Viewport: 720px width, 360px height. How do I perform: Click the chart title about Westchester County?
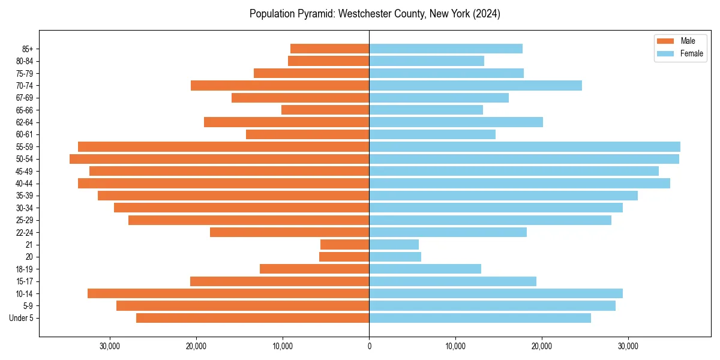pyautogui.click(x=374, y=14)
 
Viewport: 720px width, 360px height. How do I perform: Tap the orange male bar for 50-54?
pyautogui.click(x=219, y=159)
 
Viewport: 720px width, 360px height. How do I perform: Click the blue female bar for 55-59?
pyautogui.click(x=524, y=147)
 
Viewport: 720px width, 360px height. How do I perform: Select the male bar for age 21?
pyautogui.click(x=344, y=245)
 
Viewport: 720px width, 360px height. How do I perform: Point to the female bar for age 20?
pyautogui.click(x=395, y=257)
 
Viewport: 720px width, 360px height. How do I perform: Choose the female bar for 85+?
pyautogui.click(x=445, y=49)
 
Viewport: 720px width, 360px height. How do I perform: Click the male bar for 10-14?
pyautogui.click(x=228, y=293)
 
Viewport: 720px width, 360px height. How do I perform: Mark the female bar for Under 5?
pyautogui.click(x=479, y=318)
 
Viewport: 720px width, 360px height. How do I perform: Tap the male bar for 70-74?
pyautogui.click(x=280, y=85)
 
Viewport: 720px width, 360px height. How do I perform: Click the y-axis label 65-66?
pyautogui.click(x=25, y=110)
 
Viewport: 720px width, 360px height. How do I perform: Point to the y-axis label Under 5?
pyautogui.click(x=22, y=318)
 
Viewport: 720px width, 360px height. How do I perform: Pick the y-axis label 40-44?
pyautogui.click(x=25, y=184)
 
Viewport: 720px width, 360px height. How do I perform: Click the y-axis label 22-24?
pyautogui.click(x=25, y=232)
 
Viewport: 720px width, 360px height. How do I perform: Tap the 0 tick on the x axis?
pyautogui.click(x=369, y=346)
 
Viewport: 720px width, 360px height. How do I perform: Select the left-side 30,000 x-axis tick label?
pyautogui.click(x=110, y=346)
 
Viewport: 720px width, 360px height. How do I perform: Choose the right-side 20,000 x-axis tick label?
pyautogui.click(x=542, y=346)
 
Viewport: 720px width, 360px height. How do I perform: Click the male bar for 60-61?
pyautogui.click(x=307, y=134)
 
